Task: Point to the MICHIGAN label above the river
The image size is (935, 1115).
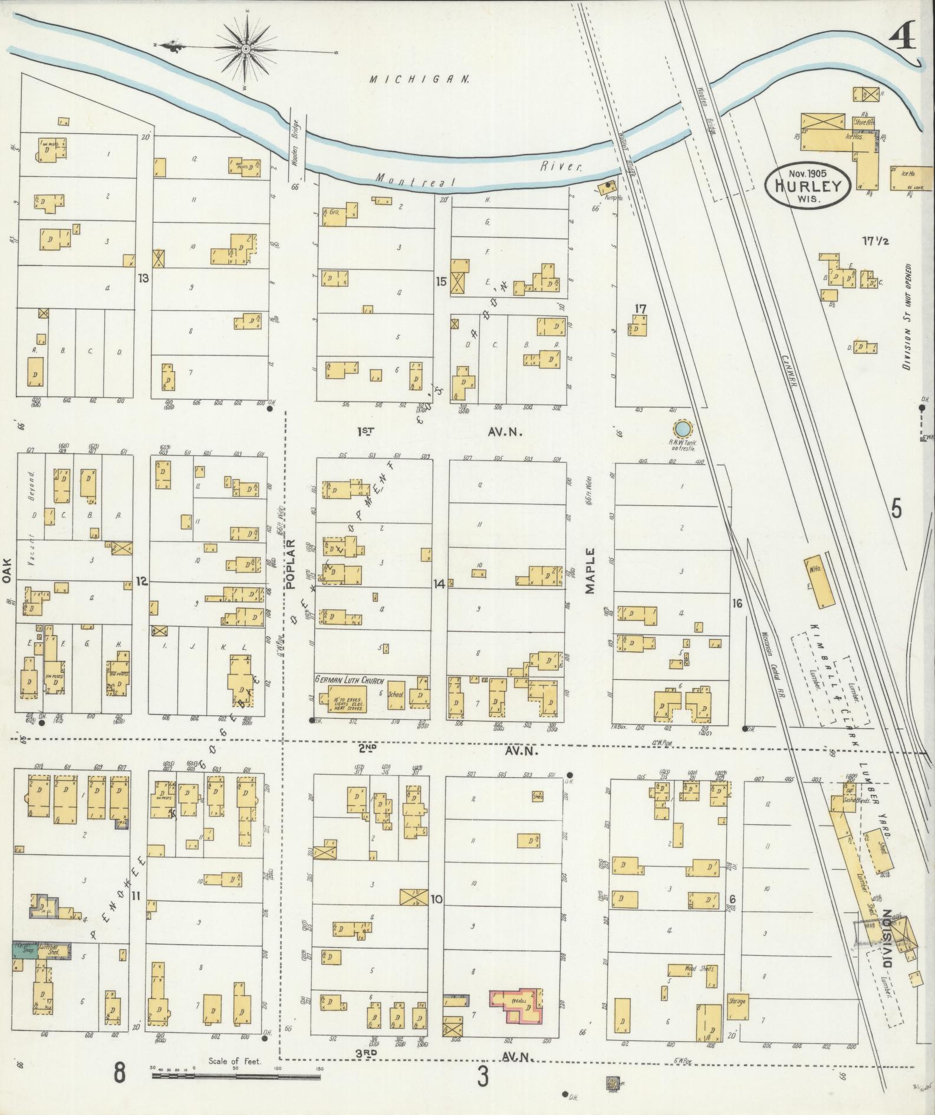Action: [x=420, y=79]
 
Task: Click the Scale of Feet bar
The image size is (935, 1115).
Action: [x=236, y=1076]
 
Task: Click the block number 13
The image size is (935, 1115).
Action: [x=143, y=277]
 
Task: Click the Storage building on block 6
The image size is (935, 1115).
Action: [x=737, y=1001]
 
